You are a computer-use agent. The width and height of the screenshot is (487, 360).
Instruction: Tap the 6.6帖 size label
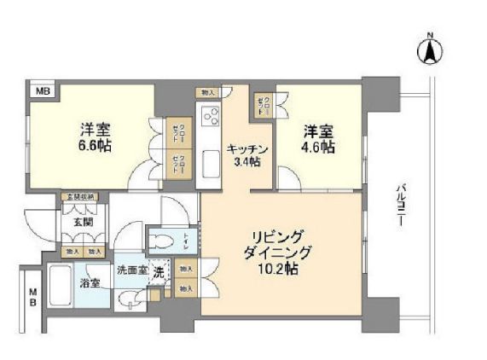tap(96, 145)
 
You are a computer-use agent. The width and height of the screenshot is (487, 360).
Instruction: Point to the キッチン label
tap(247, 150)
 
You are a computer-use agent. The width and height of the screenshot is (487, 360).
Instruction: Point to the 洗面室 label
tap(132, 270)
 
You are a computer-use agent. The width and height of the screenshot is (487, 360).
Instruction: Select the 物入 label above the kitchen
tap(207, 91)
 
